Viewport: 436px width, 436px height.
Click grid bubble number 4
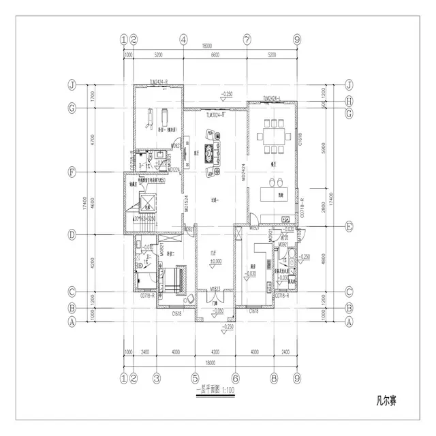point(184,40)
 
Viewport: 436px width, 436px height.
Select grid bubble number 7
point(247,40)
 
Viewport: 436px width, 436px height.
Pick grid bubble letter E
point(349,225)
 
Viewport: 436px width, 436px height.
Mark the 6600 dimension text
point(215,53)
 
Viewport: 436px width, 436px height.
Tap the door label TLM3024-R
point(215,115)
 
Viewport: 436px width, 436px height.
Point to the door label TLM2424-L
point(272,98)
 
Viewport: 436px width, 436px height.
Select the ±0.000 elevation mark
point(215,262)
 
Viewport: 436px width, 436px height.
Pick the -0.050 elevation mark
point(217,310)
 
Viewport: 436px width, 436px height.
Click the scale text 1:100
point(227,390)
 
